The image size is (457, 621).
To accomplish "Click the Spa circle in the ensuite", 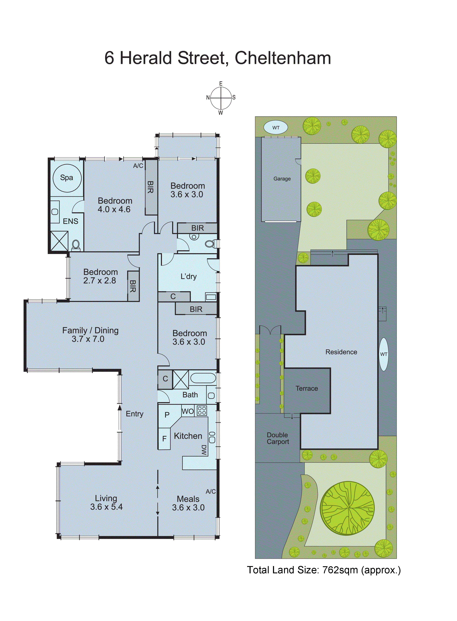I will (67, 178).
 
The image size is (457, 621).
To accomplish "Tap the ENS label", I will (71, 221).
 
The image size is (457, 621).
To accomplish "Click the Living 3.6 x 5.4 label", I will (106, 503).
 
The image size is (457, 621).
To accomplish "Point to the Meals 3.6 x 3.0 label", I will (188, 503).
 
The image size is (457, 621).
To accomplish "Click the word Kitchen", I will (188, 436).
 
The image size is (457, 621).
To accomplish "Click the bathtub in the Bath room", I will (203, 378).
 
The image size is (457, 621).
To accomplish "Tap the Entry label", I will (135, 414).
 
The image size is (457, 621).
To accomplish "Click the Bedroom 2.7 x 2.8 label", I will (100, 276).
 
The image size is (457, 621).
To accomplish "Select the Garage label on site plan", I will (282, 179).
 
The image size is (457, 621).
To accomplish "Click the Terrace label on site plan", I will (306, 388).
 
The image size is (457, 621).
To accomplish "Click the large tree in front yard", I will (347, 508).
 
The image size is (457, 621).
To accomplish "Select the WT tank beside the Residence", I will (383, 354).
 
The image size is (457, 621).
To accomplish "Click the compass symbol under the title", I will (221, 98).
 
